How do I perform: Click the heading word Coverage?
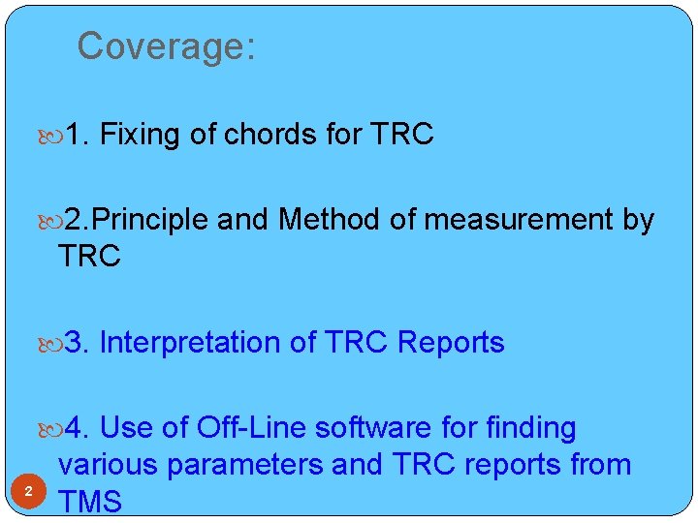166,46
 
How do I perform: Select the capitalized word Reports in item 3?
452,343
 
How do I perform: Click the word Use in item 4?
127,427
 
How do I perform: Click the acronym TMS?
90,502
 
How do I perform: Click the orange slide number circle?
29,493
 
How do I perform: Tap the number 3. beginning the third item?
79,343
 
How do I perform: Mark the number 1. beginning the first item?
79,135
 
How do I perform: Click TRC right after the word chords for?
402,135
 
